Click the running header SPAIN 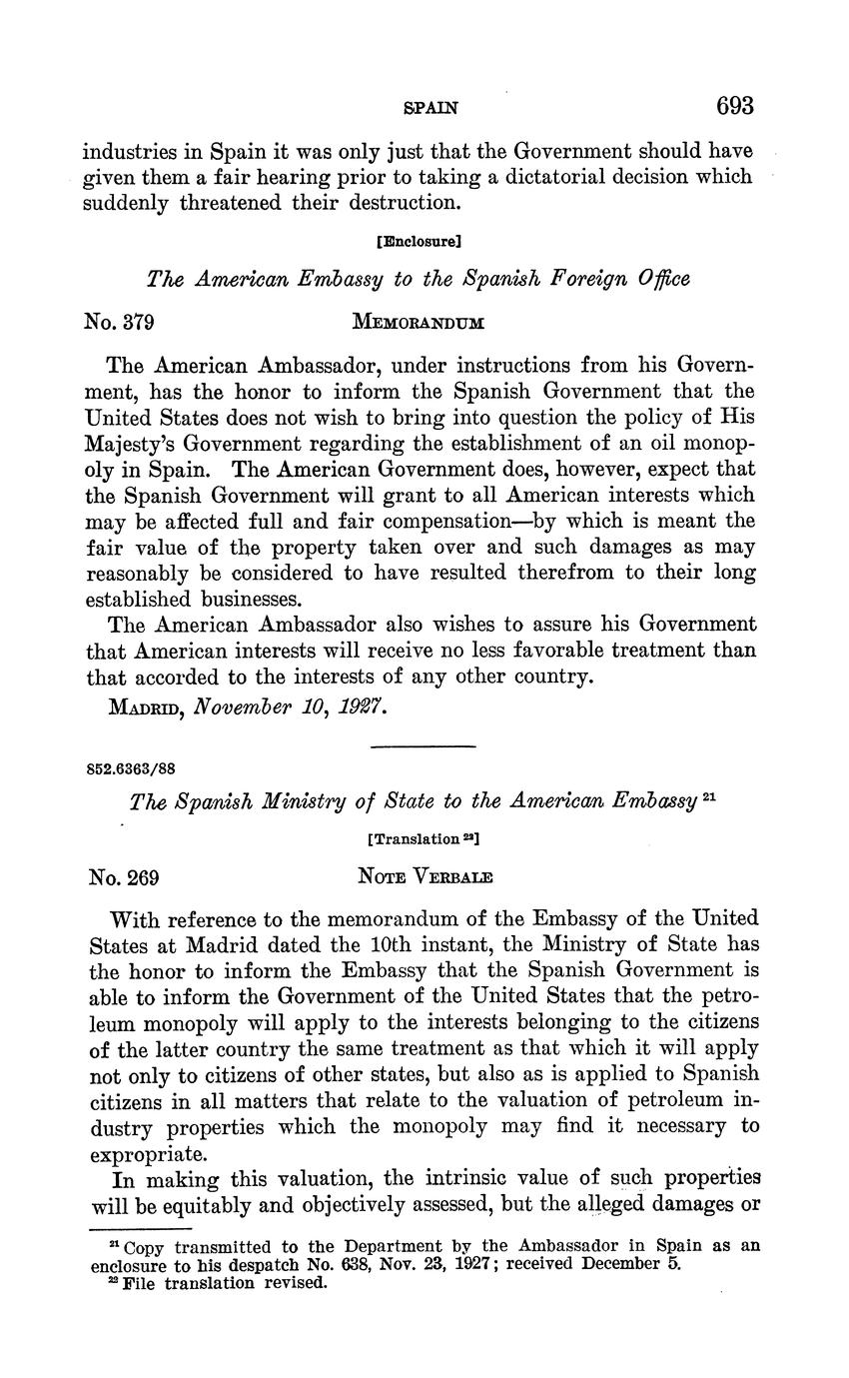click(x=424, y=107)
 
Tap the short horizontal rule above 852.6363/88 click(x=424, y=746)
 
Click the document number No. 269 click(x=124, y=878)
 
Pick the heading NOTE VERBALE click(x=424, y=878)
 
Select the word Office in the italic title click(x=662, y=280)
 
